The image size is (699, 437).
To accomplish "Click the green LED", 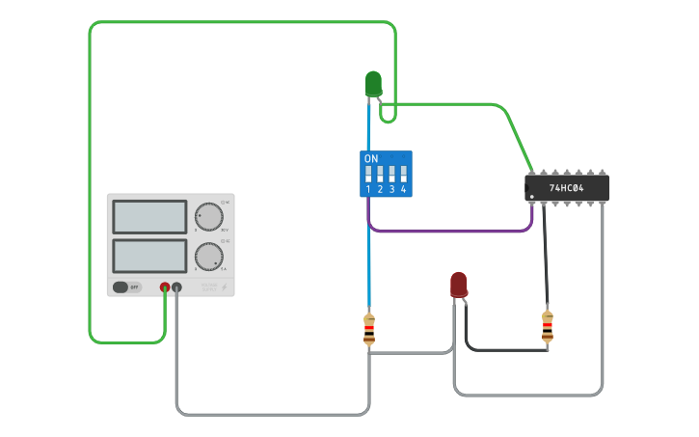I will tap(373, 84).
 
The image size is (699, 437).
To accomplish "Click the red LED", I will tap(459, 285).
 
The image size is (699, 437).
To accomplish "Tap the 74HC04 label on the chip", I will tap(567, 188).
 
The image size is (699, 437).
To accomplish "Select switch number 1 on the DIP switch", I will tap(368, 175).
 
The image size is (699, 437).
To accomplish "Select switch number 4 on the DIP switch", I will tap(403, 175).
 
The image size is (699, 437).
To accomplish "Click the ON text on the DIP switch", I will tap(371, 157).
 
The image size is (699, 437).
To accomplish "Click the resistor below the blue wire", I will tap(369, 329).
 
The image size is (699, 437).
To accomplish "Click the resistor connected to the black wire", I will tap(548, 327).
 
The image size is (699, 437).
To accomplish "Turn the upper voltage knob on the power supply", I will tap(207, 217).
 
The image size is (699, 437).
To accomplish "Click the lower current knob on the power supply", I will tap(207, 257).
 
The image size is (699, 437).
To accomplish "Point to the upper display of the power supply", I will tap(149, 217).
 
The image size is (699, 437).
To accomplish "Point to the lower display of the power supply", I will tap(149, 256).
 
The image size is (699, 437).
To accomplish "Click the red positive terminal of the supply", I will tap(165, 287).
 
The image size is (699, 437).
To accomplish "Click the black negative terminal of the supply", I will tap(176, 287).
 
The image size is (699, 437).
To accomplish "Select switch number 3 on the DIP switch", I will tap(391, 175).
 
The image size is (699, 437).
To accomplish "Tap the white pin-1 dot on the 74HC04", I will tap(531, 196).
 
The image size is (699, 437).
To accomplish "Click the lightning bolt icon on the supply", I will tap(226, 287).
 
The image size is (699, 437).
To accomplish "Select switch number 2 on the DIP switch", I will tap(380, 175).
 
